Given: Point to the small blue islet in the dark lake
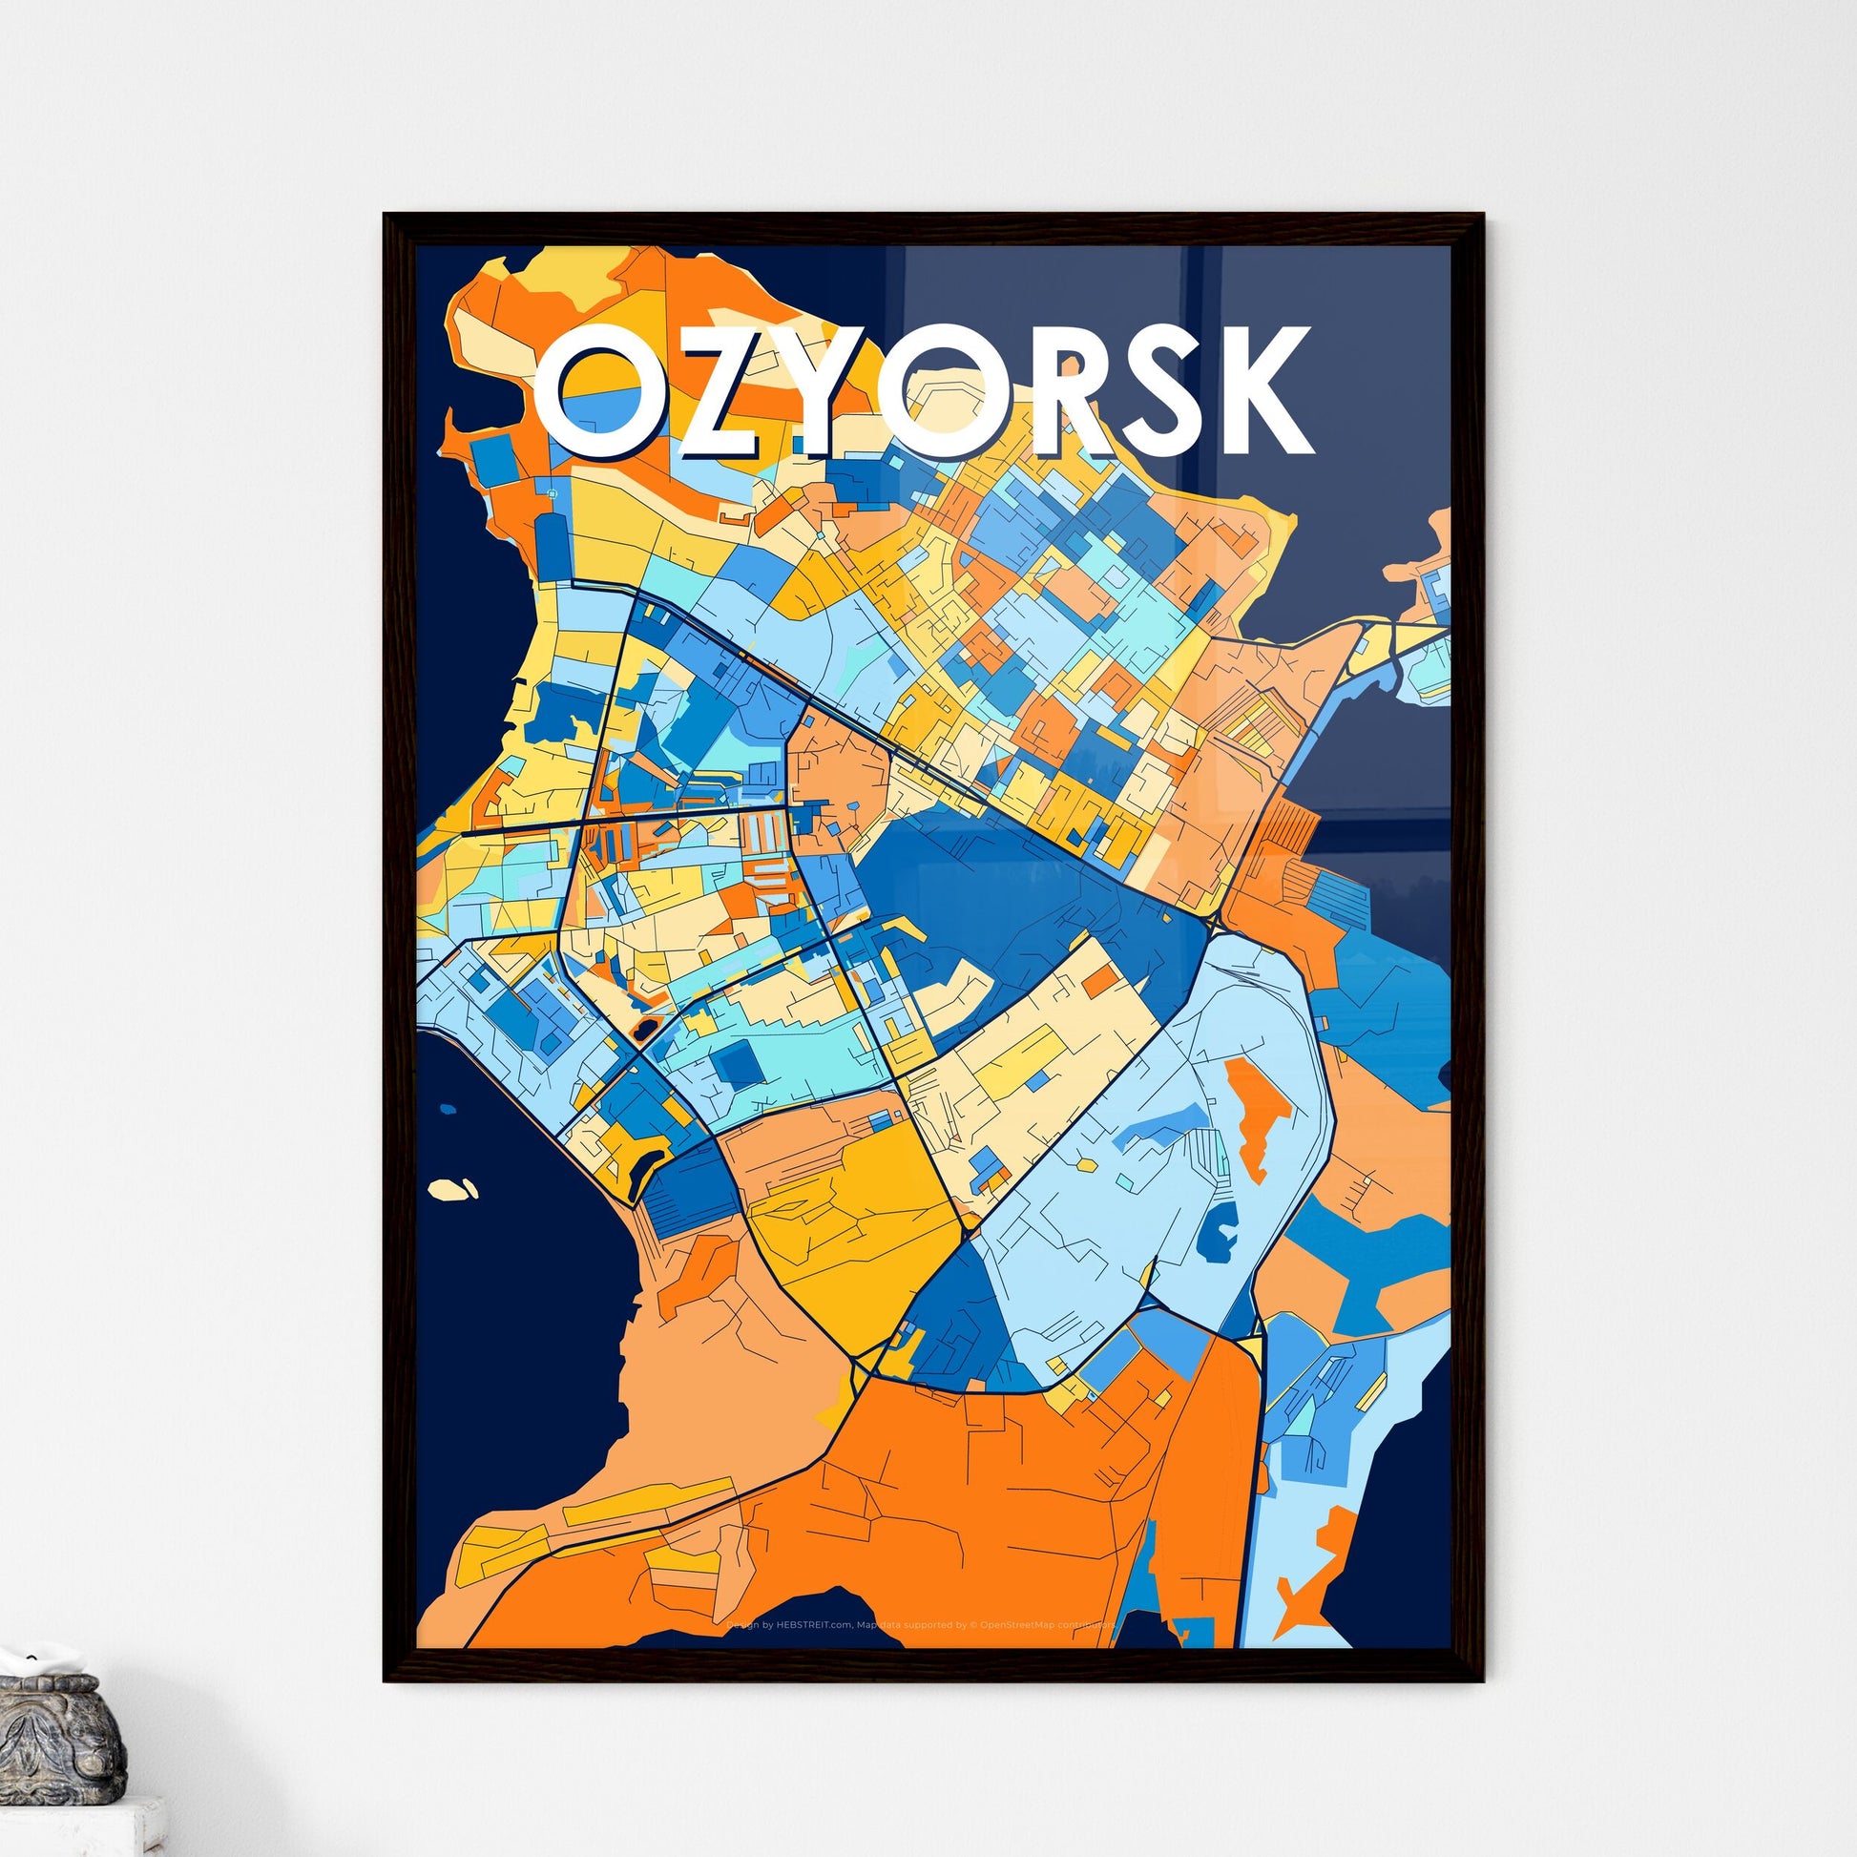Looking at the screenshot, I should pyautogui.click(x=448, y=1110).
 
